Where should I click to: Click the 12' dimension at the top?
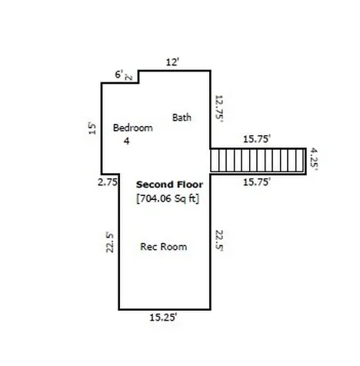tap(172, 62)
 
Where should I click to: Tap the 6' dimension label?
tap(119, 75)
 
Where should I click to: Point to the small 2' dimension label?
tap(128, 77)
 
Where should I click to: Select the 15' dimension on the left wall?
tap(92, 128)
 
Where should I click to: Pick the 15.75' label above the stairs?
tap(257, 139)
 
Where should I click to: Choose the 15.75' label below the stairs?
tap(257, 182)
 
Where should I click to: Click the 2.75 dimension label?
tap(108, 182)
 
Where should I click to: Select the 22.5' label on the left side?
tap(110, 242)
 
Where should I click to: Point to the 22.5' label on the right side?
tap(219, 241)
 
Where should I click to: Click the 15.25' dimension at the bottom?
tap(163, 318)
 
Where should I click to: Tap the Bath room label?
tap(182, 118)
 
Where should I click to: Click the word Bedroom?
tap(133, 128)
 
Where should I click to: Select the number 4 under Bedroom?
tap(127, 141)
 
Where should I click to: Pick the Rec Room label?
tap(164, 247)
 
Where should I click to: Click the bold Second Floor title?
tap(169, 185)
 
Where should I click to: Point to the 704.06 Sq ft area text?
tap(168, 198)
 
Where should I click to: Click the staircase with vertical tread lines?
tap(258, 161)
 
